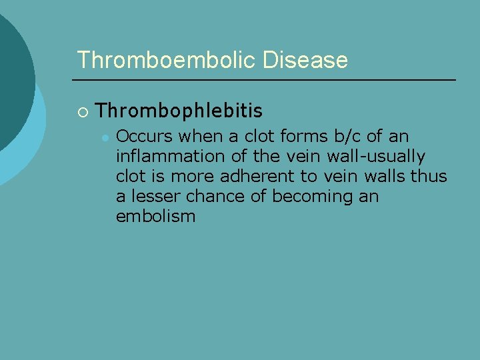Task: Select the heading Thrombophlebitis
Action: pos(179,110)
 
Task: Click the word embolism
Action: pos(155,217)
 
